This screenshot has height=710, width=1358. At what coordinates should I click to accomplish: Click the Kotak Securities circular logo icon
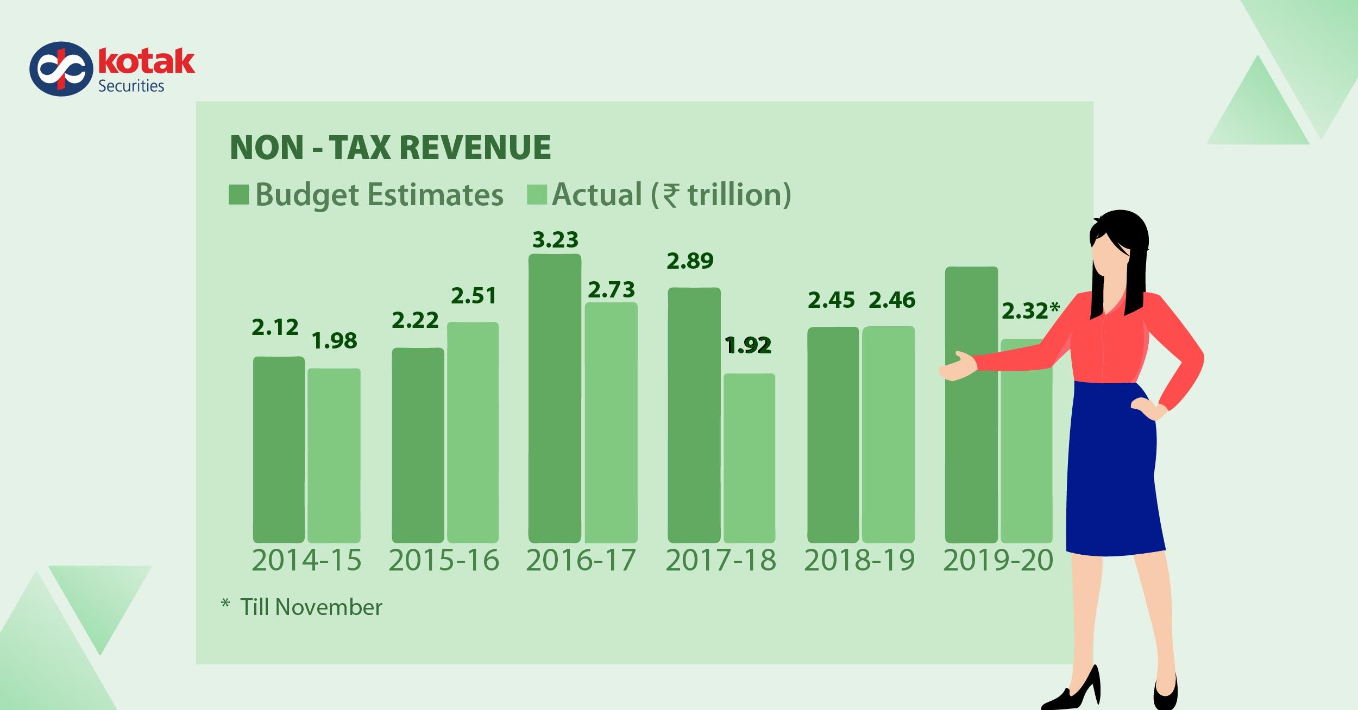click(x=61, y=69)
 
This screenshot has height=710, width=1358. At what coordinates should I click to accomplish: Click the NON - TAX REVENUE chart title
click(x=390, y=147)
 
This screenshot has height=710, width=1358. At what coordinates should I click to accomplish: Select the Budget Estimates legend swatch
click(x=238, y=194)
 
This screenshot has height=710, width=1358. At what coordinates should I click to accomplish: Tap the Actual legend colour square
click(x=536, y=194)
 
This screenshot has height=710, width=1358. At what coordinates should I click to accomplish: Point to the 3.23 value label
click(x=555, y=240)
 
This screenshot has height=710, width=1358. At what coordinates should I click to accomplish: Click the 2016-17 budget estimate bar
click(x=555, y=399)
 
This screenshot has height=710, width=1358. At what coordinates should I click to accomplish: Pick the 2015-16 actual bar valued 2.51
click(x=473, y=432)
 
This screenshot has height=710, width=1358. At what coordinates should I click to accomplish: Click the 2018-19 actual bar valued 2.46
click(x=888, y=434)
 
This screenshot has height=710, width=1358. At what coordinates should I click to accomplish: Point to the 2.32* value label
click(x=1029, y=311)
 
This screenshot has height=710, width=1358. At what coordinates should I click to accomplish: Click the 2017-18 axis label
click(x=721, y=561)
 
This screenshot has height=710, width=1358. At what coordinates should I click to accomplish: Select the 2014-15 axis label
click(x=306, y=561)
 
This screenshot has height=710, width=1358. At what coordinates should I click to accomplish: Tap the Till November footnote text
click(x=311, y=607)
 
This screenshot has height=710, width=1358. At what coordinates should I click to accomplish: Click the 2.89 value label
click(x=690, y=261)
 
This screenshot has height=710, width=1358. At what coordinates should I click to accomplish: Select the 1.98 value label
click(x=334, y=341)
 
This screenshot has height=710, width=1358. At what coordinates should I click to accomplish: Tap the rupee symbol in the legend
click(x=671, y=195)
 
